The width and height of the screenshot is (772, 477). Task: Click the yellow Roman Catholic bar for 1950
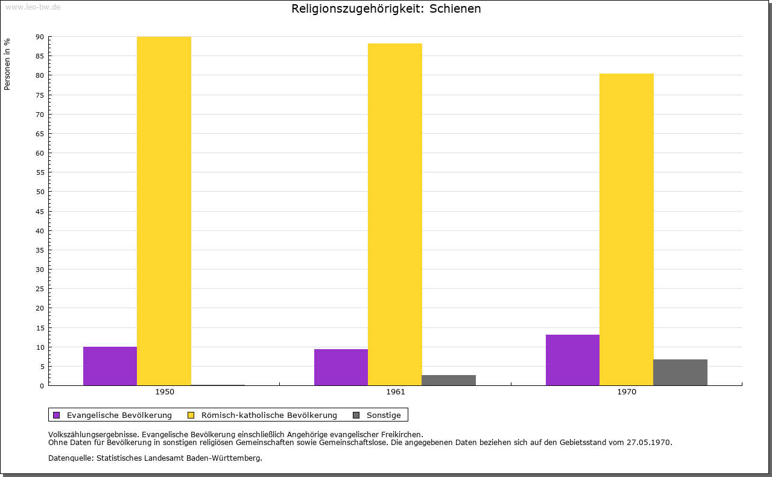(164, 211)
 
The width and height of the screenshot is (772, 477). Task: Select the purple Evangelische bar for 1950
(110, 366)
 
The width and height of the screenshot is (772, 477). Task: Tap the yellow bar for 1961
(395, 214)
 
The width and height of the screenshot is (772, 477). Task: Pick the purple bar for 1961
(341, 367)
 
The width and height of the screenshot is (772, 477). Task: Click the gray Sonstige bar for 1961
(449, 381)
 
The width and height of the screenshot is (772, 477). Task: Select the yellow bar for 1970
(626, 229)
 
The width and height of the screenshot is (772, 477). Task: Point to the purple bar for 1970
(572, 360)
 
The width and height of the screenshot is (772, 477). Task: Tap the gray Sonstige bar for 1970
(680, 373)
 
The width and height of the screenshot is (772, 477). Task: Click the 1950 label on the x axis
(165, 392)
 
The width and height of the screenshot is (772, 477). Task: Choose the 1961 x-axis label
(396, 392)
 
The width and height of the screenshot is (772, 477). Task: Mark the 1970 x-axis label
(627, 392)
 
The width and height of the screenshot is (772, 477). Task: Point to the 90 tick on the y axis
(40, 37)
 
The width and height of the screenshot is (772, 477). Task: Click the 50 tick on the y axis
(40, 192)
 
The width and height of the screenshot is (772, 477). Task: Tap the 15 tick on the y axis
(40, 327)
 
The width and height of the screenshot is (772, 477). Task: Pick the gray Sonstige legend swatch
(356, 415)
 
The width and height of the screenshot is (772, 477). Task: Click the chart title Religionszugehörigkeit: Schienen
(386, 8)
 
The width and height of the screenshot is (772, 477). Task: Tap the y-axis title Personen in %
(7, 64)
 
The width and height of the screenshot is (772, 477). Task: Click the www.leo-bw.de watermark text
(33, 6)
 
